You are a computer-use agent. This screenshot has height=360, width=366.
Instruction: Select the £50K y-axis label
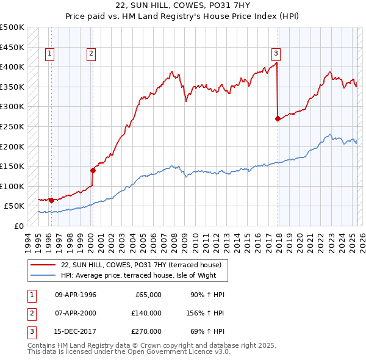pyautogui.click(x=15, y=206)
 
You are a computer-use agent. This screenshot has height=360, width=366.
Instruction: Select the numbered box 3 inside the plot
pyautogui.click(x=276, y=52)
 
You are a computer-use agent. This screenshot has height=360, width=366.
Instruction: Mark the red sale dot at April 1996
pyautogui.click(x=51, y=200)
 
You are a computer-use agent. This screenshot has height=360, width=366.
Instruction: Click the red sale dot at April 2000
pyautogui.click(x=93, y=170)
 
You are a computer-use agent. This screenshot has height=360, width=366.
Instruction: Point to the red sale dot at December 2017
pyautogui.click(x=278, y=118)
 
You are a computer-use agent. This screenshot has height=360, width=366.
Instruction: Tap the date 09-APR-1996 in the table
pyautogui.click(x=76, y=295)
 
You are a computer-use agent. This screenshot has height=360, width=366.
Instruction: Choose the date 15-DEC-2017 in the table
pyautogui.click(x=76, y=331)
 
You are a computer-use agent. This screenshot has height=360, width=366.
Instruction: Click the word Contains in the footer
pyautogui.click(x=41, y=345)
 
